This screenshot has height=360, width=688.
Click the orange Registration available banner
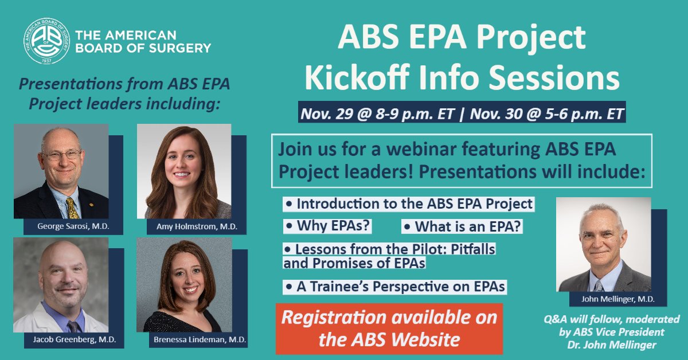(x=389, y=328)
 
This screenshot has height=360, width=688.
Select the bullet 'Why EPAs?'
(x=329, y=226)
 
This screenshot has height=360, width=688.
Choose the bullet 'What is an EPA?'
(x=463, y=226)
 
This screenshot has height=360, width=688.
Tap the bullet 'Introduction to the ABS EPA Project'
(x=409, y=204)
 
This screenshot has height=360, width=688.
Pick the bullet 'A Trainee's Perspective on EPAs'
(x=396, y=286)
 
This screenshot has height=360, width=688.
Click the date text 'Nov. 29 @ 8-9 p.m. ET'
(x=378, y=113)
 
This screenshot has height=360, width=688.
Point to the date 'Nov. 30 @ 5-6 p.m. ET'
(x=546, y=113)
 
